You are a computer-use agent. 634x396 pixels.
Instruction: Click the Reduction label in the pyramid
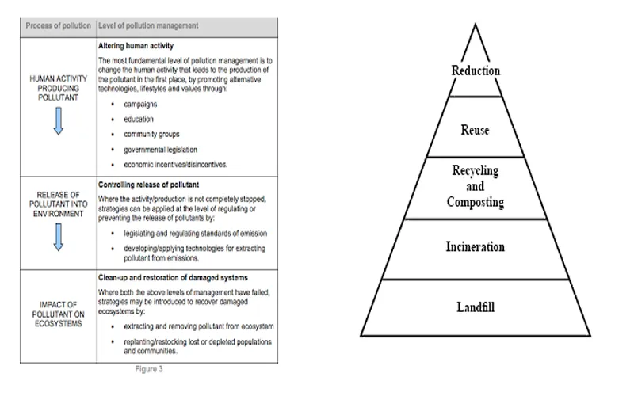coord(475,70)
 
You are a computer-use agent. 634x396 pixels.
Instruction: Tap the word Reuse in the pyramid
coord(475,130)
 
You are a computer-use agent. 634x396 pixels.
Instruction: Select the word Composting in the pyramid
coord(475,201)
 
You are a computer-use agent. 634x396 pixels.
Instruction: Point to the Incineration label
coord(475,246)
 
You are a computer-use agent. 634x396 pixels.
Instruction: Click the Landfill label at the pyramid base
coord(475,307)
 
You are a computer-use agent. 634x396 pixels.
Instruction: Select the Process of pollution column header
coord(56,25)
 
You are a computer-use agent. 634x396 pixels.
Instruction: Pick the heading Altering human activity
coord(136,46)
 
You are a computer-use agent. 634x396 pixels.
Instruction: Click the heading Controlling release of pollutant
coord(147,185)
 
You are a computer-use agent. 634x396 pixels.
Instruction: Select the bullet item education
coord(139,119)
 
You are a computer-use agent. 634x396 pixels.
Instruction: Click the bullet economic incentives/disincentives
coord(175,164)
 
